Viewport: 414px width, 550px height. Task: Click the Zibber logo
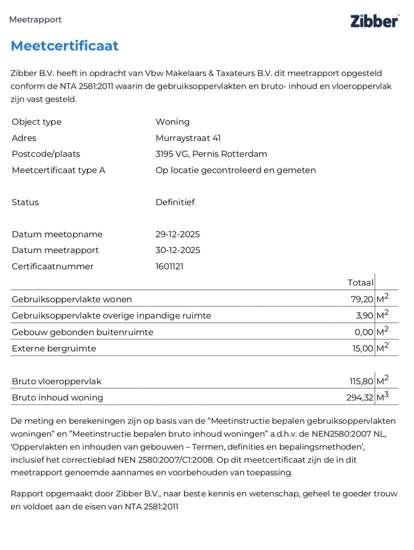pos(374,21)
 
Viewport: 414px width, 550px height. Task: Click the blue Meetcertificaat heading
pos(64,46)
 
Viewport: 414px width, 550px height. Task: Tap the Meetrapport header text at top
pos(35,20)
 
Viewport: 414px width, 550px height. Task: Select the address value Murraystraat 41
pos(188,138)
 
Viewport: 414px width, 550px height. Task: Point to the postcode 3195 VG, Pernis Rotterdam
pos(211,154)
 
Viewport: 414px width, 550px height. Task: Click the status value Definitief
pos(175,203)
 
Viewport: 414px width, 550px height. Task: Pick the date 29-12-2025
pos(178,235)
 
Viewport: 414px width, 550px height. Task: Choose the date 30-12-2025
pos(178,250)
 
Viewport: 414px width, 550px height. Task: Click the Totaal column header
pos(360,282)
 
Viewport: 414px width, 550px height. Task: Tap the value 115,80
pos(361,381)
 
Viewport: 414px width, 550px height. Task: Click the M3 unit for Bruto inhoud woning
pos(382,397)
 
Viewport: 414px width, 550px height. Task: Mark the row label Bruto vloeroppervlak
pos(56,381)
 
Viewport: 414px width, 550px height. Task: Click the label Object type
pos(36,122)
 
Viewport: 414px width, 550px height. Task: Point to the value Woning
pos(172,122)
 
